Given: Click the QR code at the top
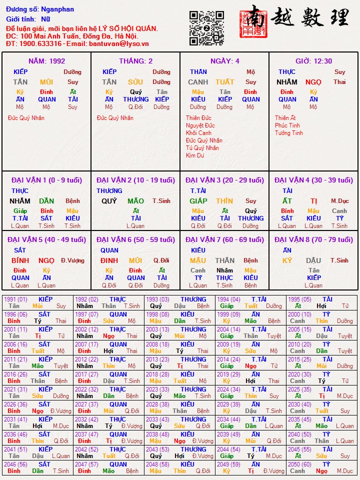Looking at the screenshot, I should (206, 28).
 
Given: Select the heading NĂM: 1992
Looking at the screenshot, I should (46, 61).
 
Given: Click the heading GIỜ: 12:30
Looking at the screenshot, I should (313, 61).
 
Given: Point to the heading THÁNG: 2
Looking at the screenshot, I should (135, 61).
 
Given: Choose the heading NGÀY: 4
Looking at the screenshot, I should (224, 61).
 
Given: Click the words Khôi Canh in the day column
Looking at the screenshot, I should (198, 133).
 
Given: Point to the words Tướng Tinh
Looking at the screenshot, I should (288, 133).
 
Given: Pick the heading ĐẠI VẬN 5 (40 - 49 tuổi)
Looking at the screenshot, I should (46, 239).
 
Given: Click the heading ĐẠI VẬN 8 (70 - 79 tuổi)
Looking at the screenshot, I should (313, 239).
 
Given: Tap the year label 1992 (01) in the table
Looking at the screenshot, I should (86, 299).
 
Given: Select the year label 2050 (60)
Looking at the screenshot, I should (300, 464).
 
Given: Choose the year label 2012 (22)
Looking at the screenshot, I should (86, 359).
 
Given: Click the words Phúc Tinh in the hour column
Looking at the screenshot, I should (287, 125).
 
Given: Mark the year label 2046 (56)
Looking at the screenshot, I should (15, 464).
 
